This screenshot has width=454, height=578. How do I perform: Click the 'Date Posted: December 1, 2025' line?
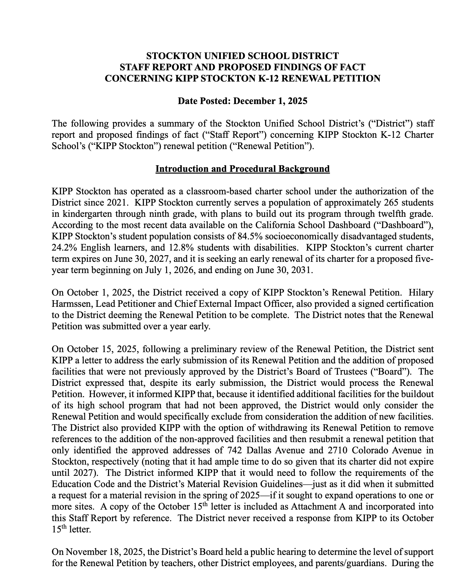pyautogui.click(x=242, y=101)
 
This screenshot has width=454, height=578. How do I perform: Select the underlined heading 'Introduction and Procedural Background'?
pyautogui.click(x=242, y=169)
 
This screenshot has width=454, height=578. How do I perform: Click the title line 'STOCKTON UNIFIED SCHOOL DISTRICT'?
pyautogui.click(x=242, y=56)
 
